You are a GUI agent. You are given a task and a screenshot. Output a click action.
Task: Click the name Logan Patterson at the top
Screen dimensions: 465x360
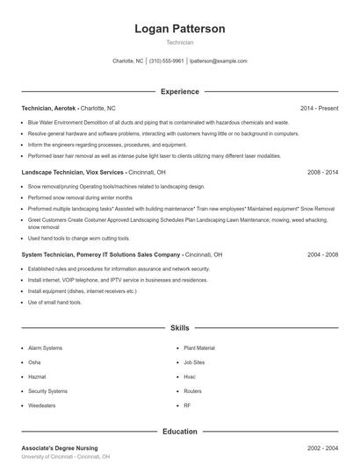[179, 29]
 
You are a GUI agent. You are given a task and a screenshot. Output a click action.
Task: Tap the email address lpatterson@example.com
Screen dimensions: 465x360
[218, 61]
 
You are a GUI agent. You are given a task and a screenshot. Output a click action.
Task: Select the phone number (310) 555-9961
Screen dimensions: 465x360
[166, 61]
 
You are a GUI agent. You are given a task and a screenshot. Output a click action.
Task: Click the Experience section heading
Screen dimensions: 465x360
[179, 91]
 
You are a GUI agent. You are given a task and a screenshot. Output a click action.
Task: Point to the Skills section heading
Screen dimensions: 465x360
[179, 327]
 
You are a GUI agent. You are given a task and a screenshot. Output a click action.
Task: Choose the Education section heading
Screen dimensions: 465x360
[179, 432]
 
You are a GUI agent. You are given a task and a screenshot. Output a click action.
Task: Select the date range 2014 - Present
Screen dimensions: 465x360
[319, 108]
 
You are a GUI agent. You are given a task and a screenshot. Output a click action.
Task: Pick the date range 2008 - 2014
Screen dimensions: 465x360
[322, 173]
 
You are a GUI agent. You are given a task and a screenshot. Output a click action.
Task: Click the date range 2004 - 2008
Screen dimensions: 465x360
[322, 254]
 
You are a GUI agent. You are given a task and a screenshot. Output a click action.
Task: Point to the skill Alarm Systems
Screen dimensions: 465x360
[47, 348]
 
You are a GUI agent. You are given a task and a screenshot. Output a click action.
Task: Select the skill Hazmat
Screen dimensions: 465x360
[38, 376]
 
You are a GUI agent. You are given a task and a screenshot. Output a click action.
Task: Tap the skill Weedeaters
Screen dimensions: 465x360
[43, 405]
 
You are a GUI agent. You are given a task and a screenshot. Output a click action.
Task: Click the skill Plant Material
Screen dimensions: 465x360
[198, 348]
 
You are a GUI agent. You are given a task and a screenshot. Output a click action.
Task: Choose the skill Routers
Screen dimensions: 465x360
[192, 390]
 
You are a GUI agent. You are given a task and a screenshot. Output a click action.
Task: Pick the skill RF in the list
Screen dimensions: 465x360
[187, 405]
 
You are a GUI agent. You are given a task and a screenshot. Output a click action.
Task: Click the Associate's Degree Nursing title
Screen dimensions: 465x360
[59, 448]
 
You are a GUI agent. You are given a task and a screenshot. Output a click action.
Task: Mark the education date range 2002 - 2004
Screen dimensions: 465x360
[322, 448]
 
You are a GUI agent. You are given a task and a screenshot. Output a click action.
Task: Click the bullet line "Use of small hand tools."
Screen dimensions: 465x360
[54, 302]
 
